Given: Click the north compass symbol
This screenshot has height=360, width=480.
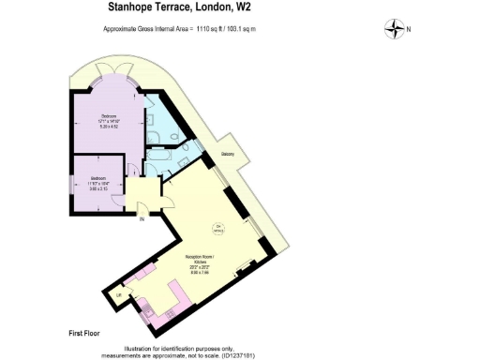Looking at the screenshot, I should tap(393, 29).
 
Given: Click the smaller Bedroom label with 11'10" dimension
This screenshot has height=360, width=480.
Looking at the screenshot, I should tap(99, 180).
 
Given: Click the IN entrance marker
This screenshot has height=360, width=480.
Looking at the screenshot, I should tap(142, 220).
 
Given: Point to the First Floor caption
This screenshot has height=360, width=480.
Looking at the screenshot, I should tap(84, 333).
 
